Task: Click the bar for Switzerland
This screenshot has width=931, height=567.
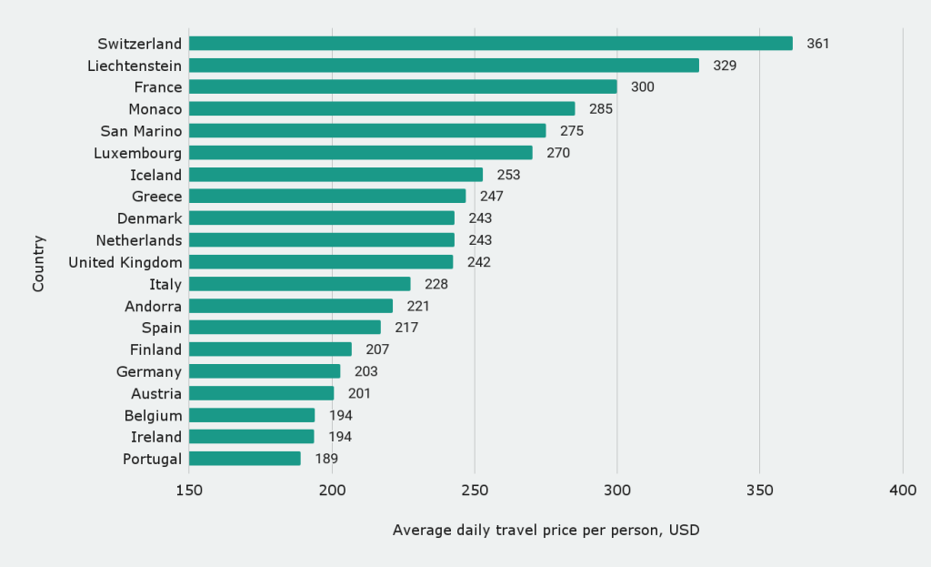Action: tap(491, 44)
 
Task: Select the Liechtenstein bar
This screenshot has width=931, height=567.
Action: tap(444, 66)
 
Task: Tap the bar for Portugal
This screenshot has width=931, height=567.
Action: tap(245, 459)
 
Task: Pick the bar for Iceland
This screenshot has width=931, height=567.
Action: tap(335, 175)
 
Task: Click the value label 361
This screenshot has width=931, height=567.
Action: tap(818, 44)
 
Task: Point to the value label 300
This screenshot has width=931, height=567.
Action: tap(643, 87)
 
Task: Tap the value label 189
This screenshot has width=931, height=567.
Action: tap(326, 459)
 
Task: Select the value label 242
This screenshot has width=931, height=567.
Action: tap(479, 262)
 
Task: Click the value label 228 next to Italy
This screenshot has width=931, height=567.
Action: tap(436, 284)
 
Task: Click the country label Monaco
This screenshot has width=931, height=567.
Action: tap(155, 109)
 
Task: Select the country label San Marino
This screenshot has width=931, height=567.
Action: tap(141, 131)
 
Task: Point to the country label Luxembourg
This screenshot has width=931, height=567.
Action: tap(137, 153)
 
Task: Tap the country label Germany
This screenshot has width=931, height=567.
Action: tap(149, 371)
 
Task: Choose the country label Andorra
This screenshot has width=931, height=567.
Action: tap(153, 306)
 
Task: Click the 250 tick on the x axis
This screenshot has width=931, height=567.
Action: tap(475, 491)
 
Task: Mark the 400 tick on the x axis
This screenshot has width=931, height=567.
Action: tap(903, 491)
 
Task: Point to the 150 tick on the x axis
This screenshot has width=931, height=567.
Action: tap(189, 491)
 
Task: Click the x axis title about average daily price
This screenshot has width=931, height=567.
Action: tap(546, 530)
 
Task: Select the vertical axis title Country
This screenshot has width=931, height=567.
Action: tap(38, 264)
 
